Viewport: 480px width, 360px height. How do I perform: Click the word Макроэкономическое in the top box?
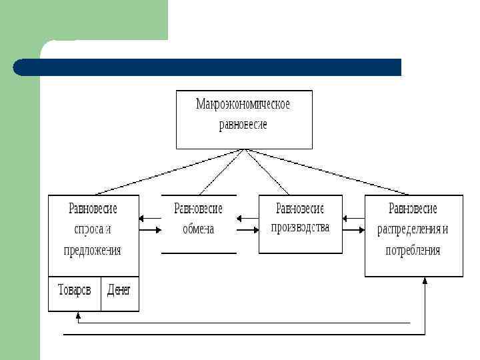pos(243,104)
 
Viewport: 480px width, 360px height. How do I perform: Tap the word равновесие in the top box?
pos(243,125)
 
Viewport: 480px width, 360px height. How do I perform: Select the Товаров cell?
pos(74,291)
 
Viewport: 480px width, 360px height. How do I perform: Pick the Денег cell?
pos(119,291)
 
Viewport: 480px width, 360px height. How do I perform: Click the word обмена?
pos(199,229)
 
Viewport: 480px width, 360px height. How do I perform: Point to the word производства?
pos(300,227)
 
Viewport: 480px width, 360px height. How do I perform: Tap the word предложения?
pos(93,251)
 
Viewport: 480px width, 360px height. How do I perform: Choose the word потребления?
pos(413,251)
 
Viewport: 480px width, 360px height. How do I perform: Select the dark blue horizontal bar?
pos(207,67)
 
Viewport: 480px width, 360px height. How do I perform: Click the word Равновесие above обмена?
pos(199,209)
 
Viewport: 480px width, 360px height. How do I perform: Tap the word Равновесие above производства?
pos(300,208)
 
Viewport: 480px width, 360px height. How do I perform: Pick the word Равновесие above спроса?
pos(93,209)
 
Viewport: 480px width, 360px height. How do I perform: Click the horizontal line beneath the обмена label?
pos(199,253)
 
